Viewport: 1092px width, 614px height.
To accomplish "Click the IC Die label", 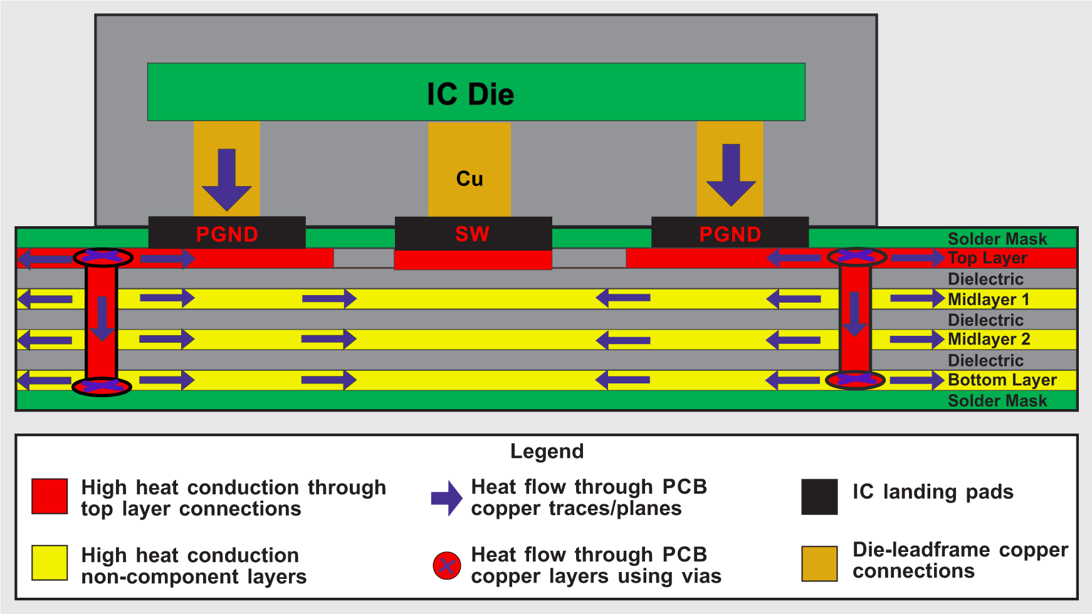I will tap(470, 94).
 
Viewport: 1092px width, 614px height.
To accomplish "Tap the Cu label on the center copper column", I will tap(470, 179).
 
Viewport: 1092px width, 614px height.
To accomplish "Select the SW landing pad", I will tap(473, 234).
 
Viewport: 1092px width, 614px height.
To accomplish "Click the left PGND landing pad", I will tap(227, 234).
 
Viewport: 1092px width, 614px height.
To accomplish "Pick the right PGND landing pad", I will tap(730, 234).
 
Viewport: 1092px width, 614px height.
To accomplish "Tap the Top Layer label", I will tap(987, 258).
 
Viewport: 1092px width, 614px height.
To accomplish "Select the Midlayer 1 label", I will tap(989, 299).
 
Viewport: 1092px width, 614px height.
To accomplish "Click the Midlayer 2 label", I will tap(989, 340).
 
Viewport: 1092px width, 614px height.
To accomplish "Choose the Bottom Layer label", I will tap(1002, 380).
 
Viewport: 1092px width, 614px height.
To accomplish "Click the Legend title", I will tap(547, 451).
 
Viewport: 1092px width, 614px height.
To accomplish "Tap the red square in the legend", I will tap(50, 496).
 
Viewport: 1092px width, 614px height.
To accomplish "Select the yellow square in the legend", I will tap(50, 563).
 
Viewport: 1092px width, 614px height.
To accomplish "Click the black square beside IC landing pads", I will tap(819, 497).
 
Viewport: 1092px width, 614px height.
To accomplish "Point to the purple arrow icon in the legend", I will tap(446, 498).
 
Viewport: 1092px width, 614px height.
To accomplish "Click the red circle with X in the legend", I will tap(446, 566).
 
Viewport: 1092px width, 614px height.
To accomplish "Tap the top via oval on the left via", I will tap(103, 257).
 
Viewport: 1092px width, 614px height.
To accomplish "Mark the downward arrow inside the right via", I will tap(854, 314).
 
